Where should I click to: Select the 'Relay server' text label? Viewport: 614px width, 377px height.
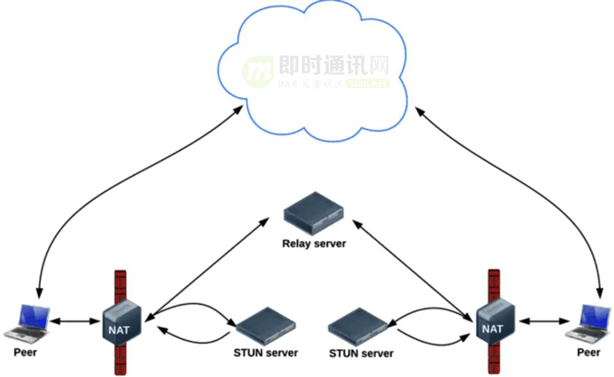pos(314,245)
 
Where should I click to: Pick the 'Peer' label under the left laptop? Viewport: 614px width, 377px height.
pos(26,353)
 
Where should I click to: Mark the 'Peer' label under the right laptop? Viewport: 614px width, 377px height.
pos(588,353)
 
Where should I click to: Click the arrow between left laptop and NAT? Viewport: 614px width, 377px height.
pos(72,322)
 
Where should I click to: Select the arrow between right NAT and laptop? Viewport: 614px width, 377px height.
pos(540,322)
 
